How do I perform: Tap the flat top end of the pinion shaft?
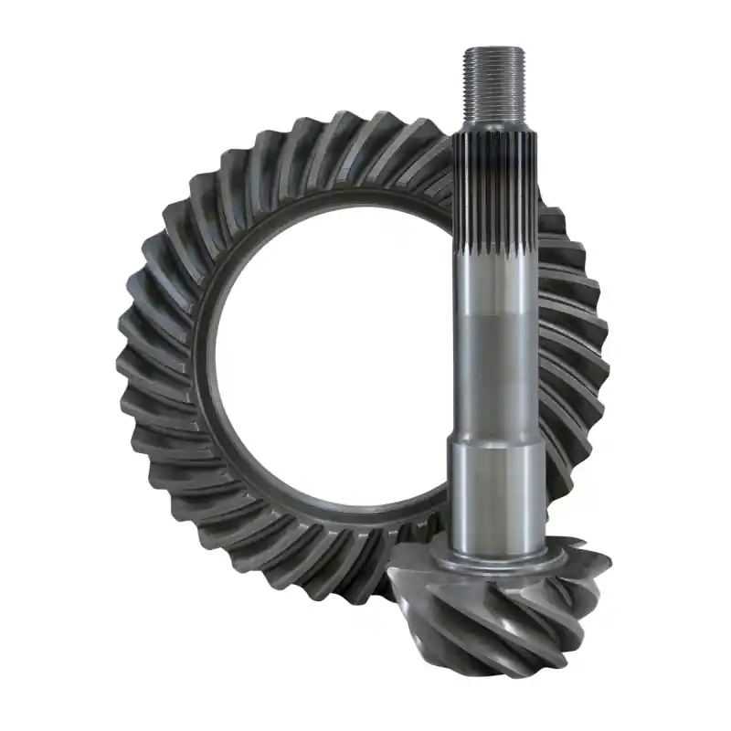(x=494, y=48)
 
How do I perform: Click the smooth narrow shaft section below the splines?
(x=494, y=365)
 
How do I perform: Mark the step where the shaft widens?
(x=494, y=442)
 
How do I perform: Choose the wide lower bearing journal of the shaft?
(x=494, y=493)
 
